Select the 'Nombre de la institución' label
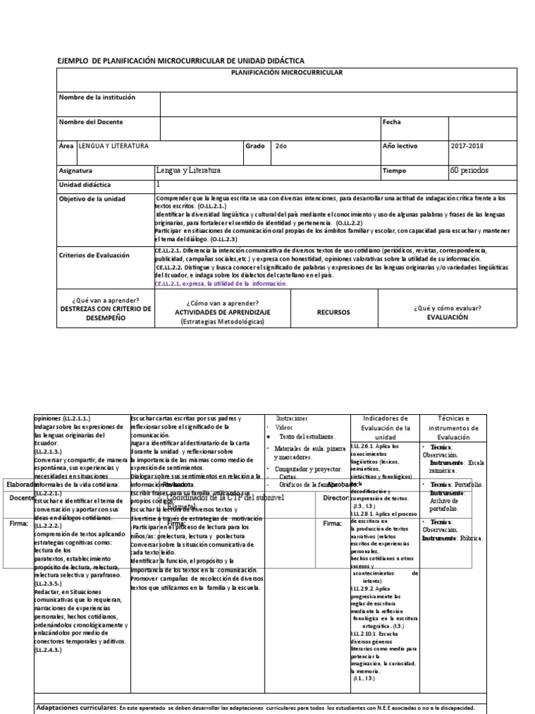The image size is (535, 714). tap(98, 98)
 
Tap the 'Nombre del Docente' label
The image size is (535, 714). tap(91, 122)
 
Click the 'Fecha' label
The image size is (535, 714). tap(393, 122)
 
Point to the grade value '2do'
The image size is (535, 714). tap(281, 146)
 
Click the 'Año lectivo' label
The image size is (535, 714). tap(402, 146)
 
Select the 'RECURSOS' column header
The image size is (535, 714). tap(333, 312)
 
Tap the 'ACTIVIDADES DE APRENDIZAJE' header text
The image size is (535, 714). tap(223, 312)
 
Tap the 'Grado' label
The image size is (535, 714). tap(255, 146)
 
